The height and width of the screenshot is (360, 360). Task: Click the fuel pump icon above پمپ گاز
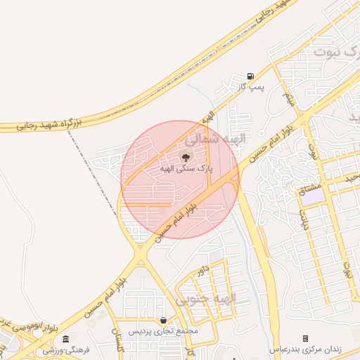pos(251,76)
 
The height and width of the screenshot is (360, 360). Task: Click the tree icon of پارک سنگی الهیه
pos(186,156)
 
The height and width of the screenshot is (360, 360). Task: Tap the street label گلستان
pos(117,340)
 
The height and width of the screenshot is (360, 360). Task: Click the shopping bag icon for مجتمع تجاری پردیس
pos(164,320)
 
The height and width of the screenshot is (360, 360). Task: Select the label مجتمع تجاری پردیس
pos(164,330)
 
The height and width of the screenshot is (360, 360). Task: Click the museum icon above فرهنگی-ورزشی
pos(65,339)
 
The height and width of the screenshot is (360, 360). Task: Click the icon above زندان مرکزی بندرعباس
pos(305,338)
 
